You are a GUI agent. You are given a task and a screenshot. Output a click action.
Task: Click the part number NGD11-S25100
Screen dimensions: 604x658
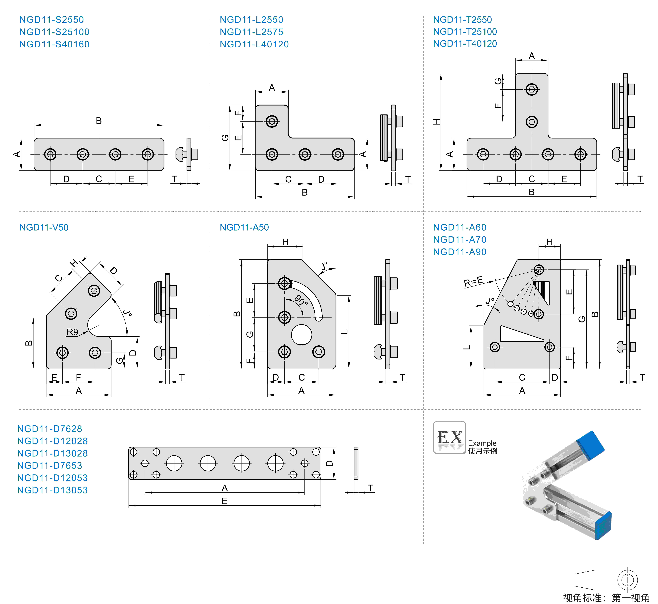(54, 32)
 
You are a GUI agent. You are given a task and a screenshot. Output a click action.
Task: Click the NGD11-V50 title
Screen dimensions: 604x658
(44, 227)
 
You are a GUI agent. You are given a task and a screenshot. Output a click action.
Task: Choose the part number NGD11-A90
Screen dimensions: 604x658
(460, 252)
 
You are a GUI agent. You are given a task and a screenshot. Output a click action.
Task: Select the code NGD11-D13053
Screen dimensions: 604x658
(52, 490)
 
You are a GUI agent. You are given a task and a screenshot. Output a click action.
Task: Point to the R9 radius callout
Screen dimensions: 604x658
(72, 332)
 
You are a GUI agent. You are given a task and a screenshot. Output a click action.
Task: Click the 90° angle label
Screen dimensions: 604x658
(301, 300)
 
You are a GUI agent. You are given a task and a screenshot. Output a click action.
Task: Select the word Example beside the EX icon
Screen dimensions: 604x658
(482, 443)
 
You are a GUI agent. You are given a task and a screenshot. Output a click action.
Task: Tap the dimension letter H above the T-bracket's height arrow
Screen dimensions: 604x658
(436, 122)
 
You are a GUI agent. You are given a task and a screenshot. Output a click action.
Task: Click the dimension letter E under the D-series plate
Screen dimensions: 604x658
(224, 501)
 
